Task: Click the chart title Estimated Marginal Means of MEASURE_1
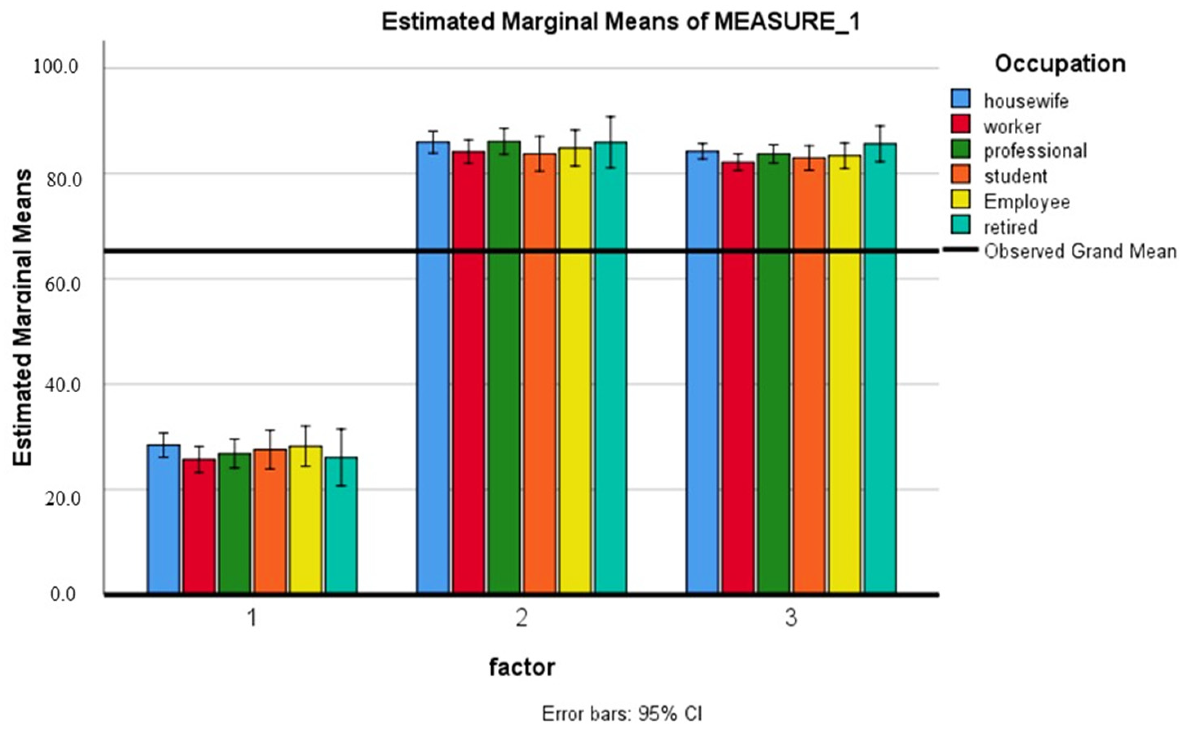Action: click(621, 23)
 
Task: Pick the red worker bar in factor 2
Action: click(469, 372)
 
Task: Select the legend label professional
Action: click(1035, 151)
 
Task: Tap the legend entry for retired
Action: click(1010, 227)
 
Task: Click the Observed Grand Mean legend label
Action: click(1080, 252)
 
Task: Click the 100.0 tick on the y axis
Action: click(55, 67)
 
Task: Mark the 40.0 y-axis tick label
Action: click(55, 385)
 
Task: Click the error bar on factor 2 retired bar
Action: click(611, 141)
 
